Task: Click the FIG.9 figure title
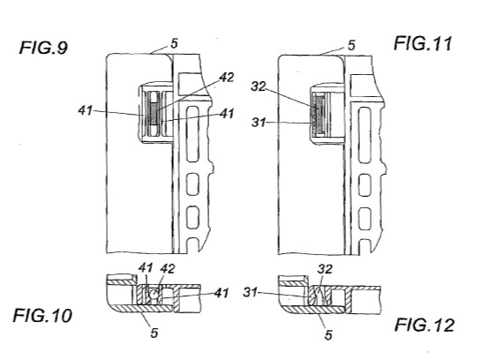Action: pyautogui.click(x=43, y=48)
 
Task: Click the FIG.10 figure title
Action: pyautogui.click(x=42, y=315)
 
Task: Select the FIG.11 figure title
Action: pyautogui.click(x=423, y=43)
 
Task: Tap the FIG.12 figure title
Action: pyautogui.click(x=424, y=325)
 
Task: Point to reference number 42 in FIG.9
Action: pyautogui.click(x=227, y=77)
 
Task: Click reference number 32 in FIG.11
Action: pyautogui.click(x=259, y=86)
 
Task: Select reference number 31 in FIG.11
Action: pyautogui.click(x=259, y=123)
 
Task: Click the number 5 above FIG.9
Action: pyautogui.click(x=174, y=43)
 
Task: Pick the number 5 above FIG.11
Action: pyautogui.click(x=351, y=45)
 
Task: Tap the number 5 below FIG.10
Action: pyautogui.click(x=154, y=333)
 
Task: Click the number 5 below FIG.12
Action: pyautogui.click(x=328, y=335)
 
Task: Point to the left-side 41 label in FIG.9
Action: pyautogui.click(x=85, y=110)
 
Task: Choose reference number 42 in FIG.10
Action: pyautogui.click(x=168, y=268)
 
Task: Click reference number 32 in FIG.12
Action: pyautogui.click(x=325, y=269)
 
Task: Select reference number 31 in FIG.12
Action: pyautogui.click(x=250, y=293)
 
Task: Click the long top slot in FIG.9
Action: pyautogui.click(x=192, y=134)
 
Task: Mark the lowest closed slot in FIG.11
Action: pyautogui.click(x=365, y=219)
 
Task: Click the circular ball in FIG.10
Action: pyautogui.click(x=154, y=295)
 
